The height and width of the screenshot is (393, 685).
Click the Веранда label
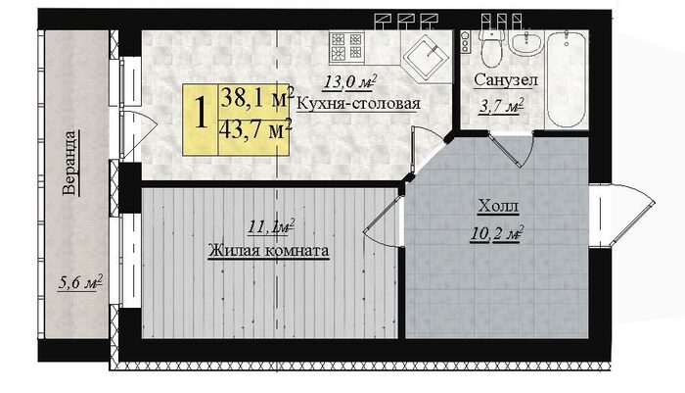pos(70,163)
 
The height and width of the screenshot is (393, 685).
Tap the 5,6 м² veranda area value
pos(80,282)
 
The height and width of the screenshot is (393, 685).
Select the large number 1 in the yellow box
pos(201,114)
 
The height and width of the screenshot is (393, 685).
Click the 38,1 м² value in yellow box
pos(256,97)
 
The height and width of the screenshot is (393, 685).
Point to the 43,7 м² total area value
pos(256,129)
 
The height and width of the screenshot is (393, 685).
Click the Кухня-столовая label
pos(358,104)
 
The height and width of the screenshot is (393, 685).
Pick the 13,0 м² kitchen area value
pos(349,82)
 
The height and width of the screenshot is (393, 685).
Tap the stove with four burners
pos(347,46)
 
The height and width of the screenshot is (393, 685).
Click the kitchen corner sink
pos(427,56)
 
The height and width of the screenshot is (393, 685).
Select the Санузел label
pos(506,80)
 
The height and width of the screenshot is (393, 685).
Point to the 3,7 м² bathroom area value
pos(501,107)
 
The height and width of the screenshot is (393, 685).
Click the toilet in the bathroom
pos(491,47)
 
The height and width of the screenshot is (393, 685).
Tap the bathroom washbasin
pos(526,43)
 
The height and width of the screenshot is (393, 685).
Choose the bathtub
pos(567,78)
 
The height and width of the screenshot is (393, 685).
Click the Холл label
pos(498,206)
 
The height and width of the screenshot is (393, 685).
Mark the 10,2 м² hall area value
pos(497,233)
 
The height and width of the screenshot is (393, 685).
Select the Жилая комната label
pos(268,251)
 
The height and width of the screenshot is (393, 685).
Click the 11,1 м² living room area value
pos(271,227)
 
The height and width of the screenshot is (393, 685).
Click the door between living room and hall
pos(382,222)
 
